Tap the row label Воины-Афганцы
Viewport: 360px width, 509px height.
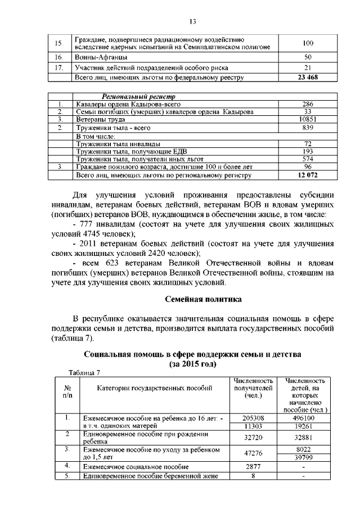pos(101,57)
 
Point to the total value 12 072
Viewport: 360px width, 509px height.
pos(307,175)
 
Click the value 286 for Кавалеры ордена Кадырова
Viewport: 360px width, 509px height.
pos(307,104)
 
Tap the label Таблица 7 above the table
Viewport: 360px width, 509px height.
pos(84,372)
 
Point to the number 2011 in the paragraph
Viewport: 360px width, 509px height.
pos(91,244)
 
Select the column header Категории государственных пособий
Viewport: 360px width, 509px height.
pos(155,388)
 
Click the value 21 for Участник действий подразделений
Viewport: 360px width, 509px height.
pos(307,67)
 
